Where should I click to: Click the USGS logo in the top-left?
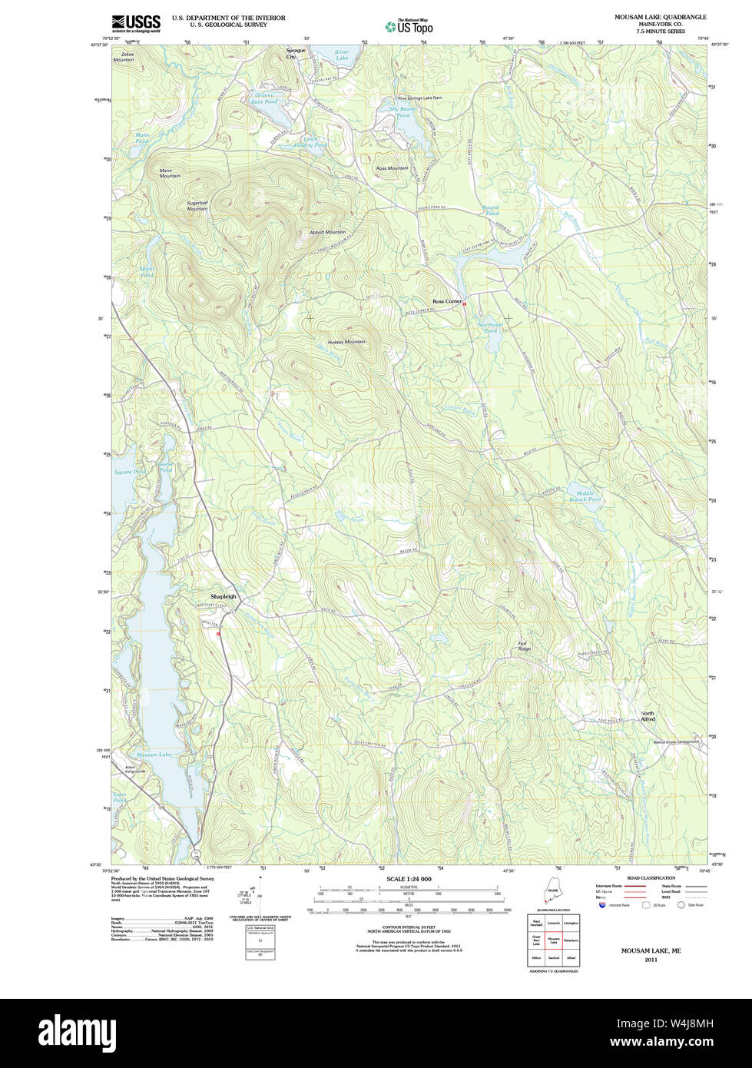pos(136,22)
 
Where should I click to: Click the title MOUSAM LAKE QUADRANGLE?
pos(660,17)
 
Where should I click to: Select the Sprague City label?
pos(296,54)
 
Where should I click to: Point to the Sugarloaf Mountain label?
pos(197,206)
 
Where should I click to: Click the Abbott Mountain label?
pos(327,232)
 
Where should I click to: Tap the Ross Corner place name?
pos(447,301)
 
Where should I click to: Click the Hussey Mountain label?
pos(346,341)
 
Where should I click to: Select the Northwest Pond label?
pos(491,327)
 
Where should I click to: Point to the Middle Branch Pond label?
pos(585,496)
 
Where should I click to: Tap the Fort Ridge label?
pos(524,646)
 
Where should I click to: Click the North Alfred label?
pos(648,716)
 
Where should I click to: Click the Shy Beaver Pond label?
pos(403,112)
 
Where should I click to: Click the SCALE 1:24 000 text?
pos(409,878)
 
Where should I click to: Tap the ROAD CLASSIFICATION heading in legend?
pos(651,877)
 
